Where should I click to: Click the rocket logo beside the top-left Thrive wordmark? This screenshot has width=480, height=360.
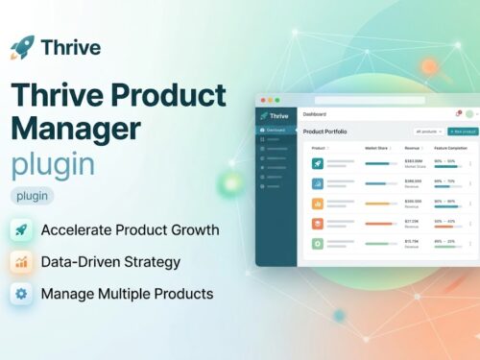22,46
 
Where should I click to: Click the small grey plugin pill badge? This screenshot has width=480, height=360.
33,196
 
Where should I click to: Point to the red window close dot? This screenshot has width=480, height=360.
261,100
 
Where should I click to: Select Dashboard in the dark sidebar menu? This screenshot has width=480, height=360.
276,130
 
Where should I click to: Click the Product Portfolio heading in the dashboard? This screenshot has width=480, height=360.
325,131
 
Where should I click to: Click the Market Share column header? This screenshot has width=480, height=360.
377,148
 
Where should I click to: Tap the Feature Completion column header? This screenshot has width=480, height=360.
451,148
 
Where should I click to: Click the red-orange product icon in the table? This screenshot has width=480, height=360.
317,223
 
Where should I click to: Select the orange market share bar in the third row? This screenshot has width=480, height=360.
377,203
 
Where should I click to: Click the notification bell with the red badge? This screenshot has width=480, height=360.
458,114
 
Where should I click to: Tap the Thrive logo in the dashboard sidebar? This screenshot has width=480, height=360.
273,115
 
